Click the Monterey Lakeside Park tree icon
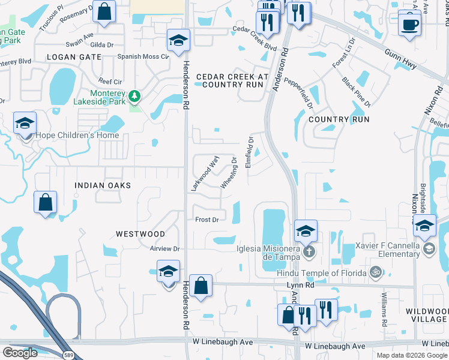click(136, 96)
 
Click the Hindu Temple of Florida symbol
click(376, 273)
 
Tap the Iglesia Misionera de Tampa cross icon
click(309, 251)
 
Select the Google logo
click(19, 353)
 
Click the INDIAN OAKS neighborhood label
click(103, 186)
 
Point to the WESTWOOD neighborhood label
click(140, 233)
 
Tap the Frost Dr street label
click(206, 220)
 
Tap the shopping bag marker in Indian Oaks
click(46, 202)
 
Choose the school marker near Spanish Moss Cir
click(178, 41)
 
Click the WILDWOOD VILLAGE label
click(426, 316)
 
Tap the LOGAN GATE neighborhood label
click(73, 57)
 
